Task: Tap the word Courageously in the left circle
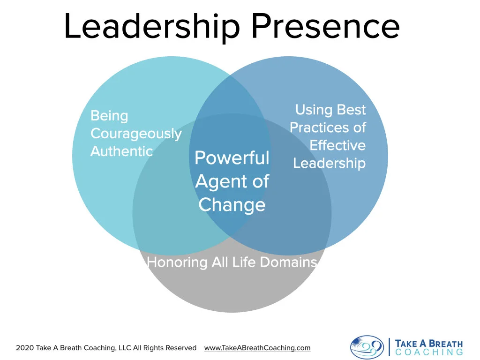(x=136, y=134)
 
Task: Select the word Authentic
(x=121, y=151)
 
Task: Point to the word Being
(x=109, y=116)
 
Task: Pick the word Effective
(x=337, y=145)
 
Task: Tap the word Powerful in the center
(x=232, y=158)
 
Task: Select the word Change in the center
(x=232, y=205)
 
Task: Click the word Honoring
(x=177, y=262)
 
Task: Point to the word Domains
(x=288, y=262)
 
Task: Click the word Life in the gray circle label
(x=244, y=262)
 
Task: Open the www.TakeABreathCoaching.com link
(x=257, y=348)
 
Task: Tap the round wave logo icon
(x=367, y=347)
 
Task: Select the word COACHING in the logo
(x=429, y=352)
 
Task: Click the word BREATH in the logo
(x=442, y=343)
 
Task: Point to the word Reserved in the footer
(x=181, y=348)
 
